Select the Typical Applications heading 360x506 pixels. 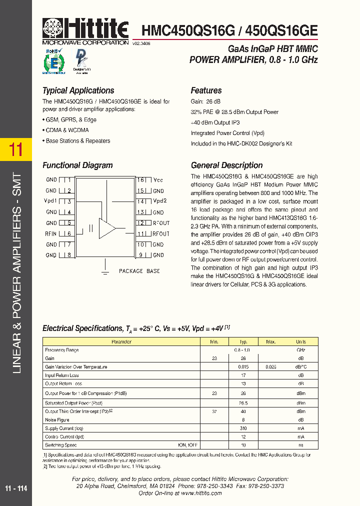(78, 90)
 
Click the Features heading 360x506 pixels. (206, 90)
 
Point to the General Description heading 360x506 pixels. (226, 165)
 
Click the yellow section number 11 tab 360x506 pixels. (16, 149)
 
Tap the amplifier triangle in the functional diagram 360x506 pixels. (107, 228)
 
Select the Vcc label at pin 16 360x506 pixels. (158, 180)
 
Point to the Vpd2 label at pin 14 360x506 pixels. (159, 201)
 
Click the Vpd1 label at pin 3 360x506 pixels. (50, 201)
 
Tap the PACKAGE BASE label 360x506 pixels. (139, 271)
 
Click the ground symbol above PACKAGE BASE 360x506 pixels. (105, 271)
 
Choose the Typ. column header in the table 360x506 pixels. (243, 342)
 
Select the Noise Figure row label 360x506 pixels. (57, 420)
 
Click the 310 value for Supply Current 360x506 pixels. (243, 428)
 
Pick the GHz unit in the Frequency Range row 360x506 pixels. (300, 350)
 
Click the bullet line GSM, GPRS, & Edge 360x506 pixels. (69, 120)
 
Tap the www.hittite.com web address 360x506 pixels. (201, 493)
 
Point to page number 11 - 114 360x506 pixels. (16, 488)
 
